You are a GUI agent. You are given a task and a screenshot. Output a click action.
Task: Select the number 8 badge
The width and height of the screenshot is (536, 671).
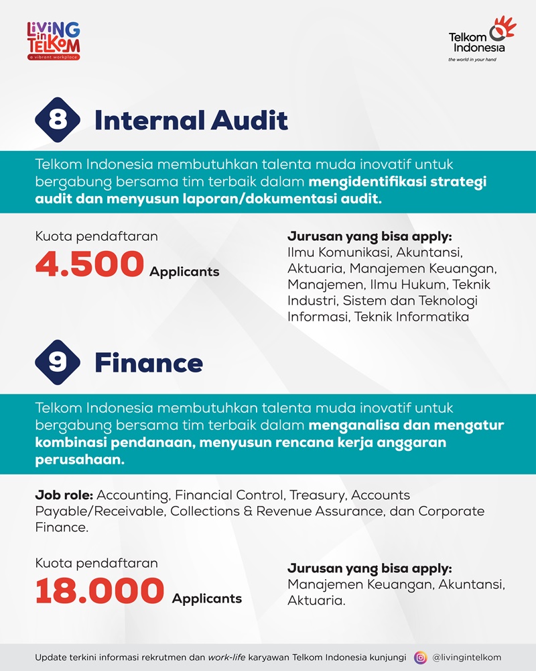pos(57,120)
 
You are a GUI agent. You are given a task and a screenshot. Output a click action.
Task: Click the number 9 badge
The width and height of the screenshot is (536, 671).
pos(57,363)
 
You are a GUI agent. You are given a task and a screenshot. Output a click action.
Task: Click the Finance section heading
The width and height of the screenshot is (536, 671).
pos(148,363)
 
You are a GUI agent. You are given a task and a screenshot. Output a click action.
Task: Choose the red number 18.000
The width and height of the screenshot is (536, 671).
pos(100,591)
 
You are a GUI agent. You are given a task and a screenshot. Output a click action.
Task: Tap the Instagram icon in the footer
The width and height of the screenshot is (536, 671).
pos(421,658)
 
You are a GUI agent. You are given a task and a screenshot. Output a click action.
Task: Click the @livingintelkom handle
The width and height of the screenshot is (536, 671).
pos(467,658)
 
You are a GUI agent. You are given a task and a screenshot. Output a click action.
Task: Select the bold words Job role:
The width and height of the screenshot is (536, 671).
pos(64,495)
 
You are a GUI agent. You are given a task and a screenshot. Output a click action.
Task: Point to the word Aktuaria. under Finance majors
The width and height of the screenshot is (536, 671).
pos(316,601)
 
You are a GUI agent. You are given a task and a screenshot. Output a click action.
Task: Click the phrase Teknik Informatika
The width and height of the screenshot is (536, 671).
pos(411,317)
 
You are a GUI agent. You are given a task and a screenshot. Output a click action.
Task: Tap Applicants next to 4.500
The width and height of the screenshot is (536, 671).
pos(184,272)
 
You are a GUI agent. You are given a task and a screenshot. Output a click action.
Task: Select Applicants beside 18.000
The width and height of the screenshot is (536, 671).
pos(207,598)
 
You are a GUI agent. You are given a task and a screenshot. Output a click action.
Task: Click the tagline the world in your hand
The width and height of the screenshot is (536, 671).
pos(476,59)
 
